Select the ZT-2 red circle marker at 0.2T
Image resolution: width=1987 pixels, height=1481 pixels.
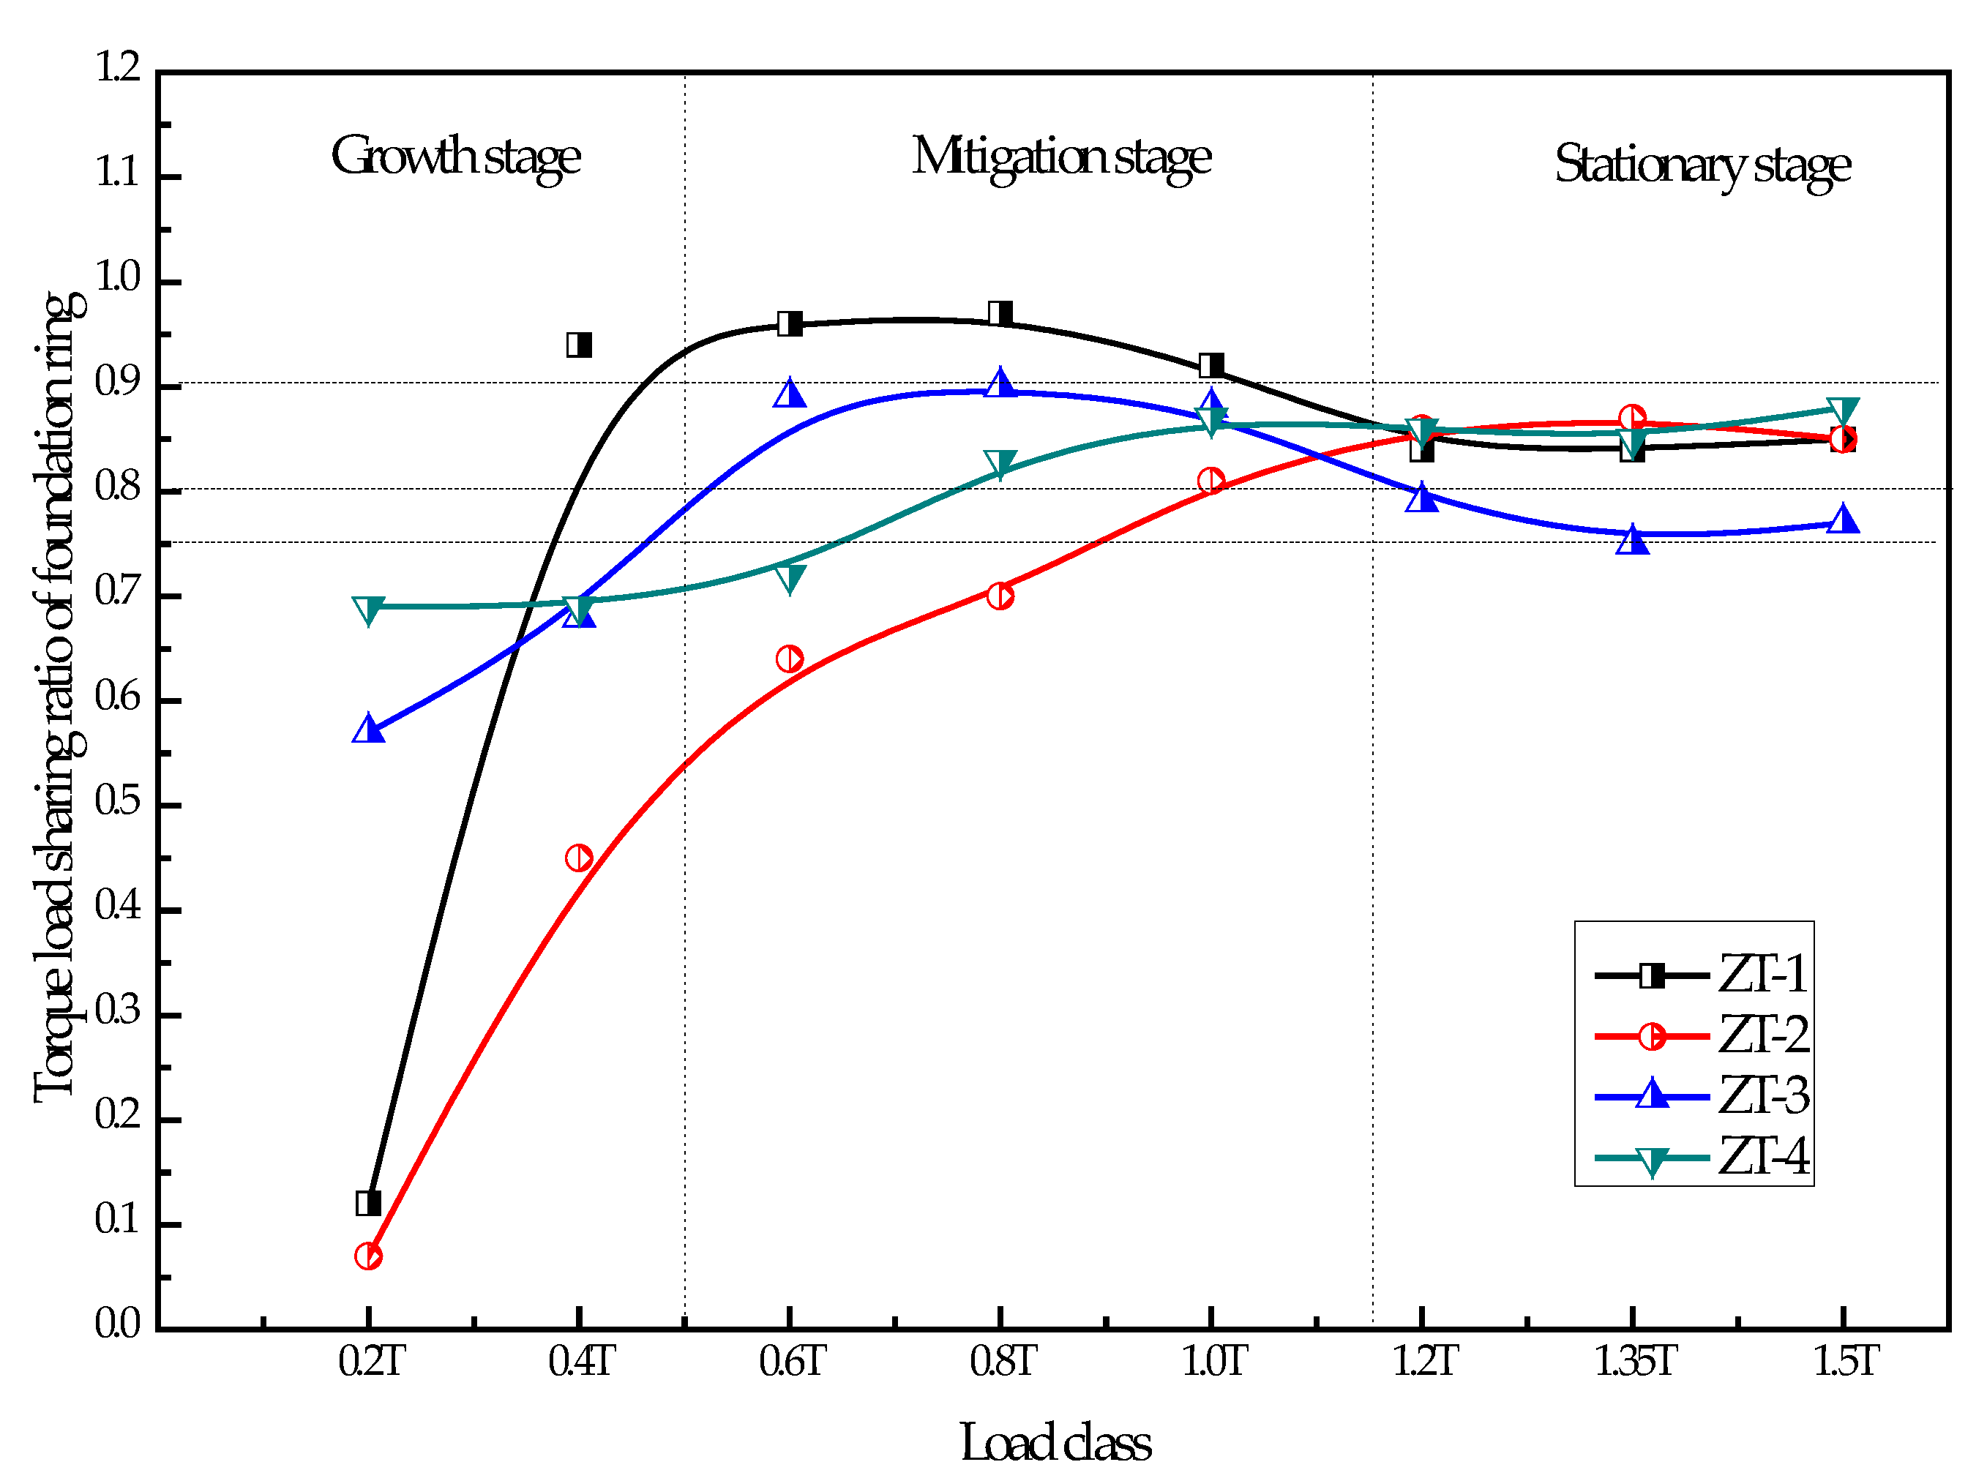367,1256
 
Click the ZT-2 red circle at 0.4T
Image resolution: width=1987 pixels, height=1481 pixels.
579,858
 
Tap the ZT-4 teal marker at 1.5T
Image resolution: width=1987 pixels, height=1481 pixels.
1843,410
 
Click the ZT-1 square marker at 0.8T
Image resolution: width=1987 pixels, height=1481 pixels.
1000,313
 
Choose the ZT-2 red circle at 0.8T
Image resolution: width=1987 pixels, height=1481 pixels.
1000,596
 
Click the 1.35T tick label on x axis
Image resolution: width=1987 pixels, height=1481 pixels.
1634,1362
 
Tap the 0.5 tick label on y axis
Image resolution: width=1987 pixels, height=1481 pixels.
119,803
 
